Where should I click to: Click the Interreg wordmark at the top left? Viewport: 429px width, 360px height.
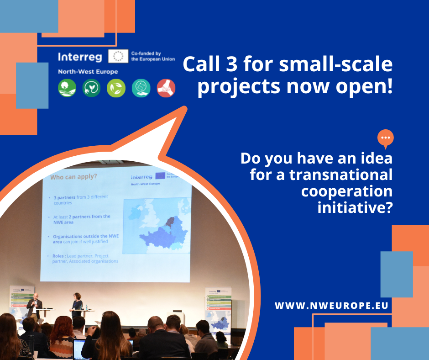pos(81,57)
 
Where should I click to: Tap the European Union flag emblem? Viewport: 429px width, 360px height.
pos(118,57)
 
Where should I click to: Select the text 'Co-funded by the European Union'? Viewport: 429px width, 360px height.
pos(152,57)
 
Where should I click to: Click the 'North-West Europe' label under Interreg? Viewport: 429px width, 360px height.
pos(88,72)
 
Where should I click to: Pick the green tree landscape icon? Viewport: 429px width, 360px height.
pos(67,88)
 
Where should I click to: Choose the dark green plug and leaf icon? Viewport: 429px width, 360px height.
pos(91,88)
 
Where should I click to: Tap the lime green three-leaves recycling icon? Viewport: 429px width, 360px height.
pos(116,88)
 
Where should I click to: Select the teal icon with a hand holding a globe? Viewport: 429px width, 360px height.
pos(141,88)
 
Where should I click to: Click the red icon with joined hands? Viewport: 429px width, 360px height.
pos(166,88)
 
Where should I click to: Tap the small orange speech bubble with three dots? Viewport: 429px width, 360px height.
pos(386,138)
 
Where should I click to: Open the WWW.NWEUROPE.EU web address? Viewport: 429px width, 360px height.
pos(331,305)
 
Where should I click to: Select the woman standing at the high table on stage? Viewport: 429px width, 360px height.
pos(77,304)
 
